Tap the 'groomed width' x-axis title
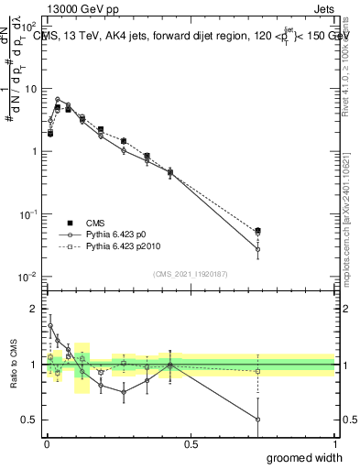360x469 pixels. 306,457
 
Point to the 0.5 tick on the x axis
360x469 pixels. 191,443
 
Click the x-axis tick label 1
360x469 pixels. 334,443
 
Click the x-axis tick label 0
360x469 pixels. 46,443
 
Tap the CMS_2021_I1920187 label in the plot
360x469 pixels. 191,274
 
